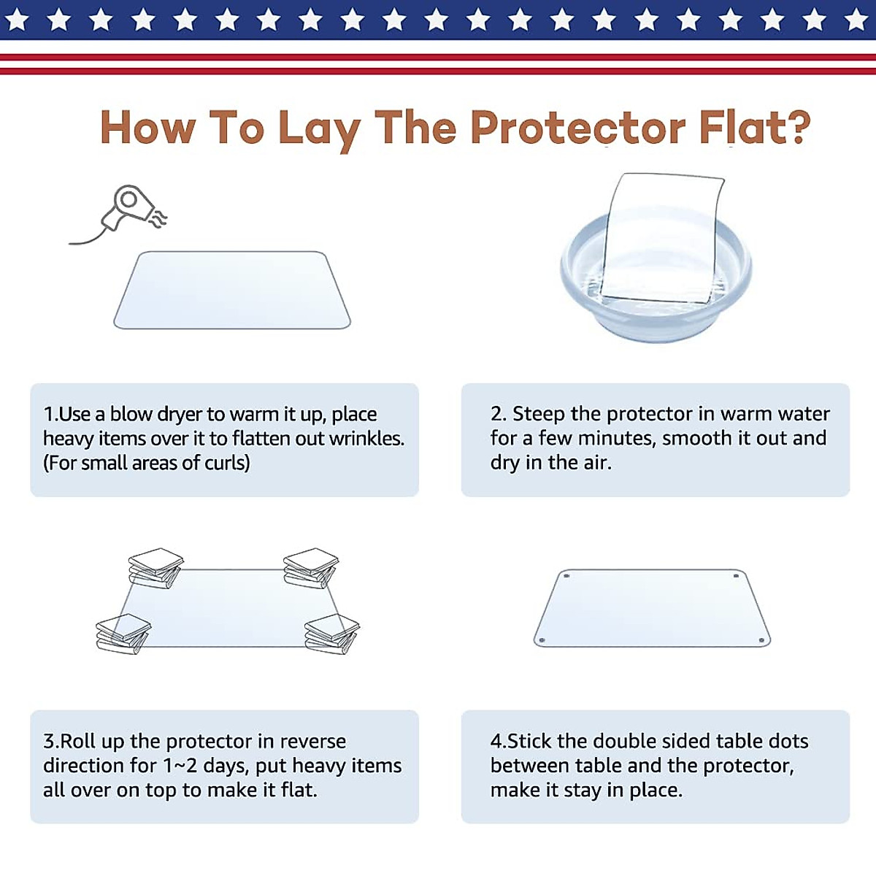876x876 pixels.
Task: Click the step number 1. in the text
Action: tap(50, 414)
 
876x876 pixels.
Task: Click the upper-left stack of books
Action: tap(155, 568)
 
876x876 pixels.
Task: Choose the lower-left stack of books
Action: tap(123, 634)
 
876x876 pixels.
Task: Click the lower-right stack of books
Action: tap(332, 634)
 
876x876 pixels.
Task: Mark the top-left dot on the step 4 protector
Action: tap(566, 576)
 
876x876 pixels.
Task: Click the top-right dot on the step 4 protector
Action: tap(735, 576)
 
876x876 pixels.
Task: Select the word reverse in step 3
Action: tap(312, 741)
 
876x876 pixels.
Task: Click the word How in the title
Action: tap(147, 128)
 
